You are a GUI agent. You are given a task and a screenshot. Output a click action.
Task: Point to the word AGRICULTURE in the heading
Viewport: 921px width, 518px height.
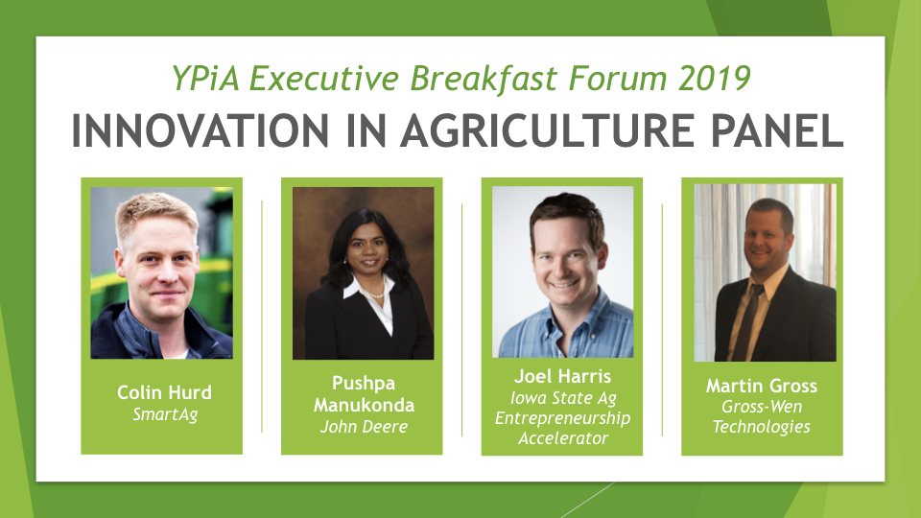[x=548, y=130]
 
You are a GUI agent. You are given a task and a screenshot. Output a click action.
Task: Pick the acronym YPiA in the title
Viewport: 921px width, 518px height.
[x=205, y=78]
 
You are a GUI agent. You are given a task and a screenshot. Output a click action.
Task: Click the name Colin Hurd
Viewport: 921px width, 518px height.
[x=164, y=392]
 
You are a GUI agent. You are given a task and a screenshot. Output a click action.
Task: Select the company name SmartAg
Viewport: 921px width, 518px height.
[x=165, y=414]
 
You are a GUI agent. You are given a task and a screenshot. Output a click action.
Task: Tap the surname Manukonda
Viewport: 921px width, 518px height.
[x=365, y=405]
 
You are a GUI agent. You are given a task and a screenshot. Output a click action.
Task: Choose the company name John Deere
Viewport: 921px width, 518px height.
[x=365, y=426]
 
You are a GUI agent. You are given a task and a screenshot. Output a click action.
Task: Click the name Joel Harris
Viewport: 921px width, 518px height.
[x=563, y=376]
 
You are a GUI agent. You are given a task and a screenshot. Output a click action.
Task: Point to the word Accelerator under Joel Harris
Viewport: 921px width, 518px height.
[x=563, y=438]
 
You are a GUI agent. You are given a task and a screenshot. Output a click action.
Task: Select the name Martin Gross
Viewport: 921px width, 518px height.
[x=762, y=386]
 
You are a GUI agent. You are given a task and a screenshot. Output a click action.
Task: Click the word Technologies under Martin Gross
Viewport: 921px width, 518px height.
[x=762, y=426]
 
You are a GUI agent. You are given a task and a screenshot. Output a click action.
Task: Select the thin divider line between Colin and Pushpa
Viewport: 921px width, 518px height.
[x=262, y=317]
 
